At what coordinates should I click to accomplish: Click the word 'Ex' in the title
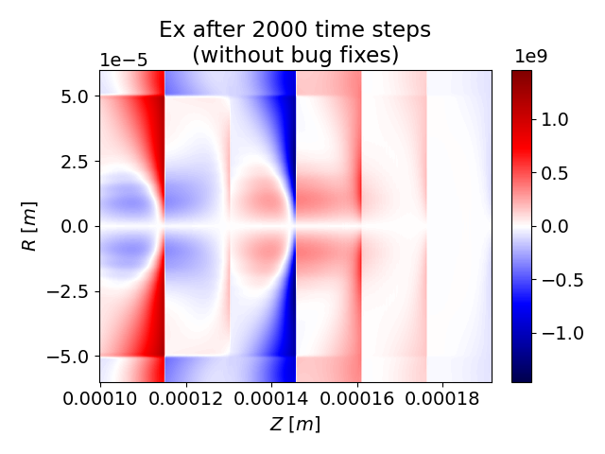tap(173, 29)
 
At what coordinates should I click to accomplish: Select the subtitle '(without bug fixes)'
tap(295, 55)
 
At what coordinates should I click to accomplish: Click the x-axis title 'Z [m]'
tap(295, 424)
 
